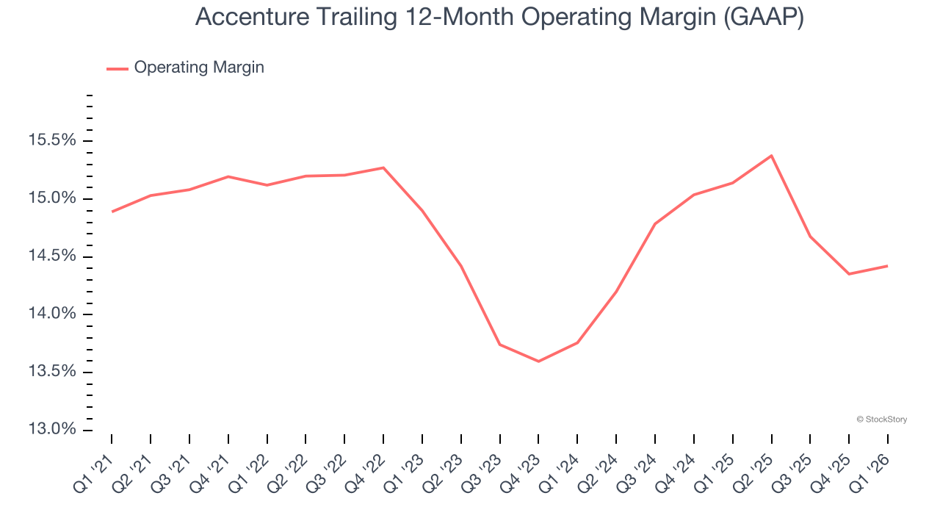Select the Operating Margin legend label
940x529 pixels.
pos(199,68)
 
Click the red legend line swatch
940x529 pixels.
pos(117,68)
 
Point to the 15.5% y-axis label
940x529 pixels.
pos(52,140)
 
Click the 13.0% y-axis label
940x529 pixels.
pos(52,429)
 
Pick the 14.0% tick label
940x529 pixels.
pos(52,314)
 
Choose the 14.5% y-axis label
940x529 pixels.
pos(52,256)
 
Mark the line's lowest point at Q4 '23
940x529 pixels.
pos(538,361)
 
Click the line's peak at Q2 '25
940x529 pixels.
pos(771,156)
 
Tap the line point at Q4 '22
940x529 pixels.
pos(383,168)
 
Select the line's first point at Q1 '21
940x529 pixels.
pos(112,212)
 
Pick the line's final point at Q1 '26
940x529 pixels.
pos(887,266)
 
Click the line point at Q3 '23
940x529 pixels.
pos(499,345)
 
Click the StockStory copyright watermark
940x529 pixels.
pos(881,420)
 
